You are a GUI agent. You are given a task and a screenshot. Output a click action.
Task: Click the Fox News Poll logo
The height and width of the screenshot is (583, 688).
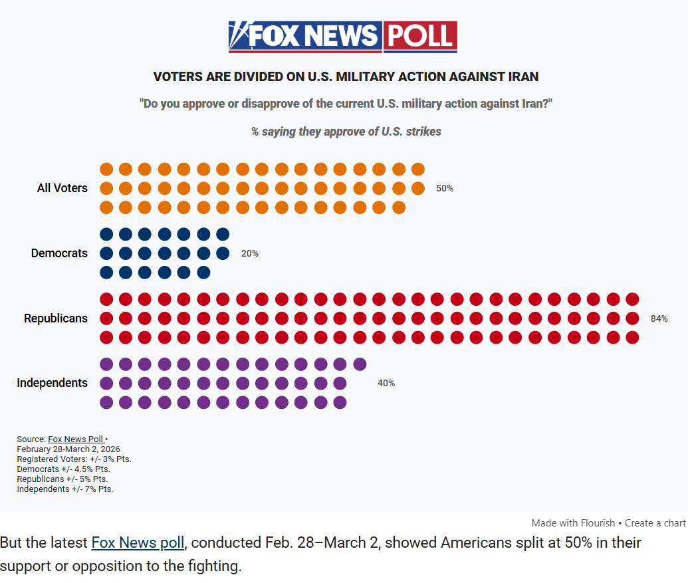(342, 37)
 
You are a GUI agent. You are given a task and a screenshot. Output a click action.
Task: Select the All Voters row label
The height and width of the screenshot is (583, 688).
(62, 188)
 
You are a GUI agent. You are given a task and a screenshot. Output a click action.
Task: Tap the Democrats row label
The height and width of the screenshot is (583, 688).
(59, 253)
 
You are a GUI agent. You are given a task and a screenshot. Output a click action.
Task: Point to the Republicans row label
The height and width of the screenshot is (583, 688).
(56, 318)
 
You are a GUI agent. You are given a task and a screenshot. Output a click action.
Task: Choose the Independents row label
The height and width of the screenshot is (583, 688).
(52, 383)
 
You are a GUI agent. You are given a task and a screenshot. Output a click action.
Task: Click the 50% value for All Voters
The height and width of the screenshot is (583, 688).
(445, 189)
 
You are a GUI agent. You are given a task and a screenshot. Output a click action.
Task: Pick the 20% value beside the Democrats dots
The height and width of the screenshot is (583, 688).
(250, 254)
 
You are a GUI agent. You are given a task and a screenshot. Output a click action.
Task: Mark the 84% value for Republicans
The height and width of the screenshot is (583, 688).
(659, 319)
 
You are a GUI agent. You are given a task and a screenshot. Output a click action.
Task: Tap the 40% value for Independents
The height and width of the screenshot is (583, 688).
(386, 384)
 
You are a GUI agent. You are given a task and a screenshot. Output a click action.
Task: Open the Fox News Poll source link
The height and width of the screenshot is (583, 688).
(76, 439)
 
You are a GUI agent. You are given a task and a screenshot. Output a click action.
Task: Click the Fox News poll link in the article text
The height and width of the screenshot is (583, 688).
(137, 542)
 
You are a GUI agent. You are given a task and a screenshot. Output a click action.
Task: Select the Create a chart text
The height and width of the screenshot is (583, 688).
(655, 523)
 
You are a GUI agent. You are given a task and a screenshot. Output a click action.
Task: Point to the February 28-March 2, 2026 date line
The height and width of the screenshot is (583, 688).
(68, 449)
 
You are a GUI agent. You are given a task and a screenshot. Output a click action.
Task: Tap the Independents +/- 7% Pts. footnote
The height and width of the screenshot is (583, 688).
(65, 489)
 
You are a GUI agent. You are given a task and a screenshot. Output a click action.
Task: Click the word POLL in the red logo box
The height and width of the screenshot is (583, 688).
(420, 37)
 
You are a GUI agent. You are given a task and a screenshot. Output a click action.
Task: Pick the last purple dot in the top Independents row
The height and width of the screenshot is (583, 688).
(360, 364)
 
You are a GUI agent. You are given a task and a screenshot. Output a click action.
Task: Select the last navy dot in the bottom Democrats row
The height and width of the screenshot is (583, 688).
(204, 273)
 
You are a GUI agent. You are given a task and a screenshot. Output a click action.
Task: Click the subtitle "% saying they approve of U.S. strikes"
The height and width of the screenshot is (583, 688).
(346, 132)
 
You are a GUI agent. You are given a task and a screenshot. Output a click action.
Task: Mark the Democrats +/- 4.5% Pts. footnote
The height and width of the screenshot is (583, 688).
(63, 469)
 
